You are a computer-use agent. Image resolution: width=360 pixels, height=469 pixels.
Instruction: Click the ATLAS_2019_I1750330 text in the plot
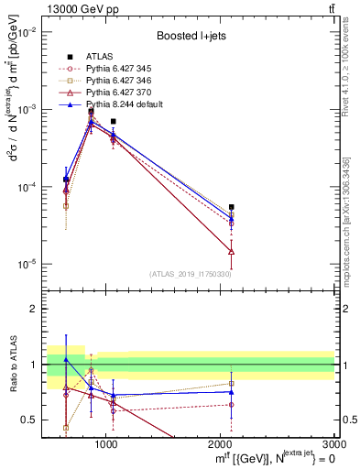click(x=189, y=274)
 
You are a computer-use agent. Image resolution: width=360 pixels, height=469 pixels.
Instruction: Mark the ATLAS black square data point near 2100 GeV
click(x=232, y=207)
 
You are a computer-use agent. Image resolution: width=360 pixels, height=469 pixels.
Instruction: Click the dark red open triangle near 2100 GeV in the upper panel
click(x=232, y=251)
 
